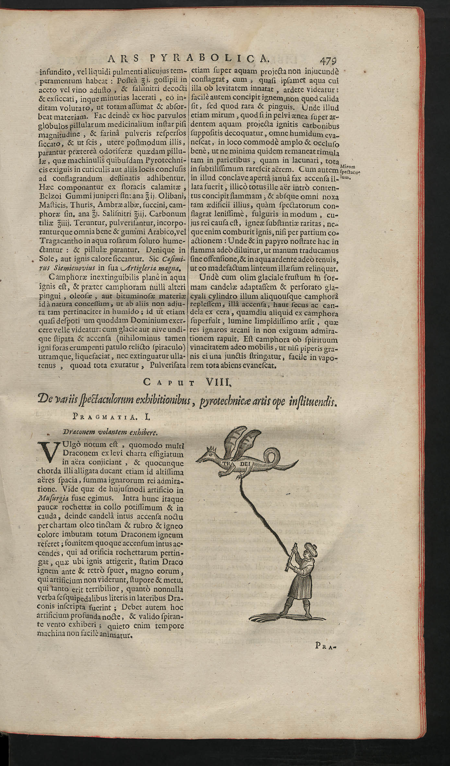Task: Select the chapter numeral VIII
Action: click(x=218, y=382)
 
